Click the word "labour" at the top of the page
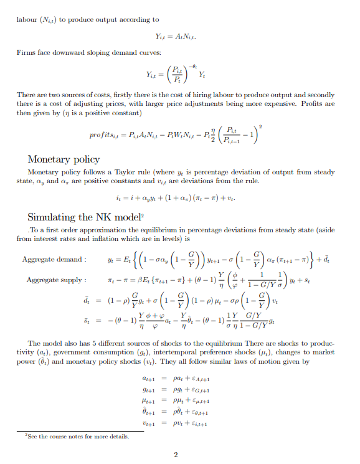pyautogui.click(x=28, y=19)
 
